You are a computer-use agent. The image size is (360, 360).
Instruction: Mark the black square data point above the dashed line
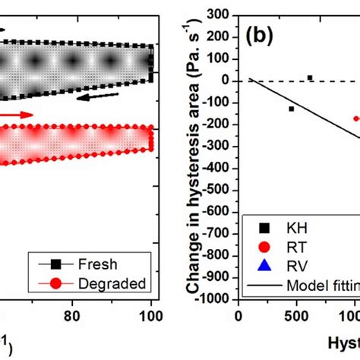coord(310,77)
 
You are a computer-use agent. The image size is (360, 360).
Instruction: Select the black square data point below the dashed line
coord(291,109)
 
